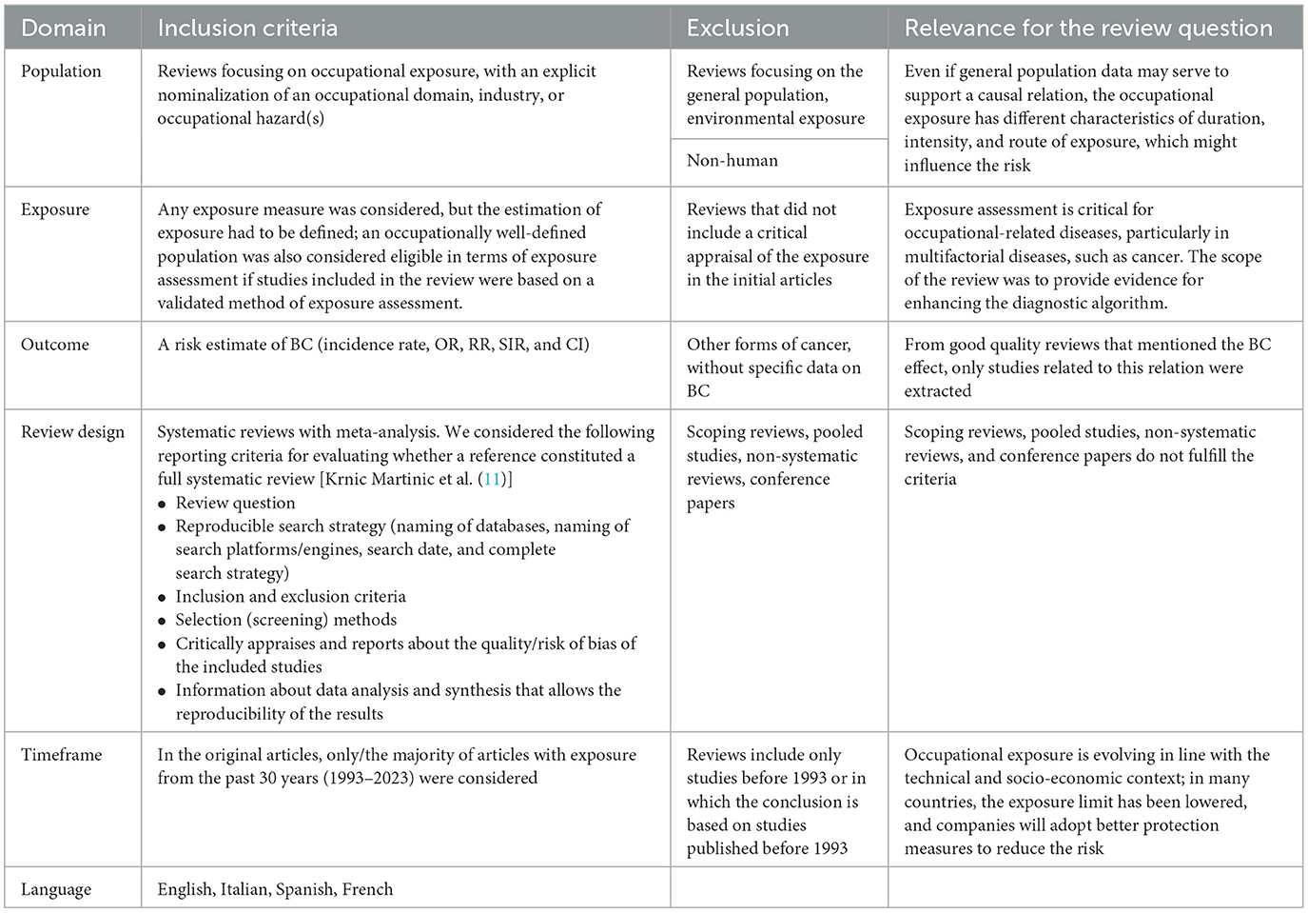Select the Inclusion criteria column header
tap(247, 29)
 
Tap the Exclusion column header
tap(737, 29)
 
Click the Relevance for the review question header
tap(1088, 29)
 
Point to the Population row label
tap(61, 71)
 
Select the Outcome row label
tap(55, 345)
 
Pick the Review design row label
tap(73, 432)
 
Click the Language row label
tap(56, 889)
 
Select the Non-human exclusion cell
tap(732, 161)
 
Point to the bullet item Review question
tap(235, 503)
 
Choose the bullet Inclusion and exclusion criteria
tap(290, 597)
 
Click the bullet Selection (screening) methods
tap(285, 620)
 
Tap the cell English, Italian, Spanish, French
tap(275, 889)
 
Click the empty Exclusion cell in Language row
tap(779, 888)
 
